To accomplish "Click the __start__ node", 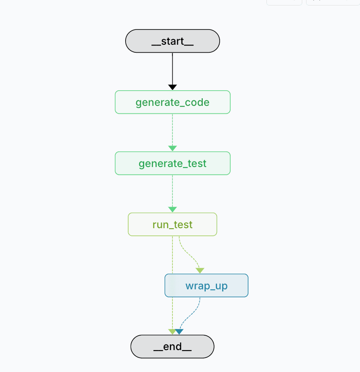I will (x=172, y=41).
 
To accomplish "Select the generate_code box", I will (x=172, y=102).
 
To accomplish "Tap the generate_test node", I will (x=172, y=163).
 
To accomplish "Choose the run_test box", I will (x=172, y=224).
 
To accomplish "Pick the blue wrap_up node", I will (x=206, y=286).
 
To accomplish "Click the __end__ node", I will (x=172, y=347).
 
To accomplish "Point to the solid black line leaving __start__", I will (x=172, y=67).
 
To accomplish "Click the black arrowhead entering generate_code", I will (x=172, y=87).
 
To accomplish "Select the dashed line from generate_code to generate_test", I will (x=172, y=129).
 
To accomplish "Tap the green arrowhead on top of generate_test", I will (x=172, y=148).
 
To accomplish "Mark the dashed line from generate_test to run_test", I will (x=172, y=190).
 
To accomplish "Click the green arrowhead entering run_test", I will (x=172, y=210).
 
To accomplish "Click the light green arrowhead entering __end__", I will (x=172, y=332).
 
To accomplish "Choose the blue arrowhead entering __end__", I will (x=180, y=332).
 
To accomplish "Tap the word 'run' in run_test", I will (x=160, y=225).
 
